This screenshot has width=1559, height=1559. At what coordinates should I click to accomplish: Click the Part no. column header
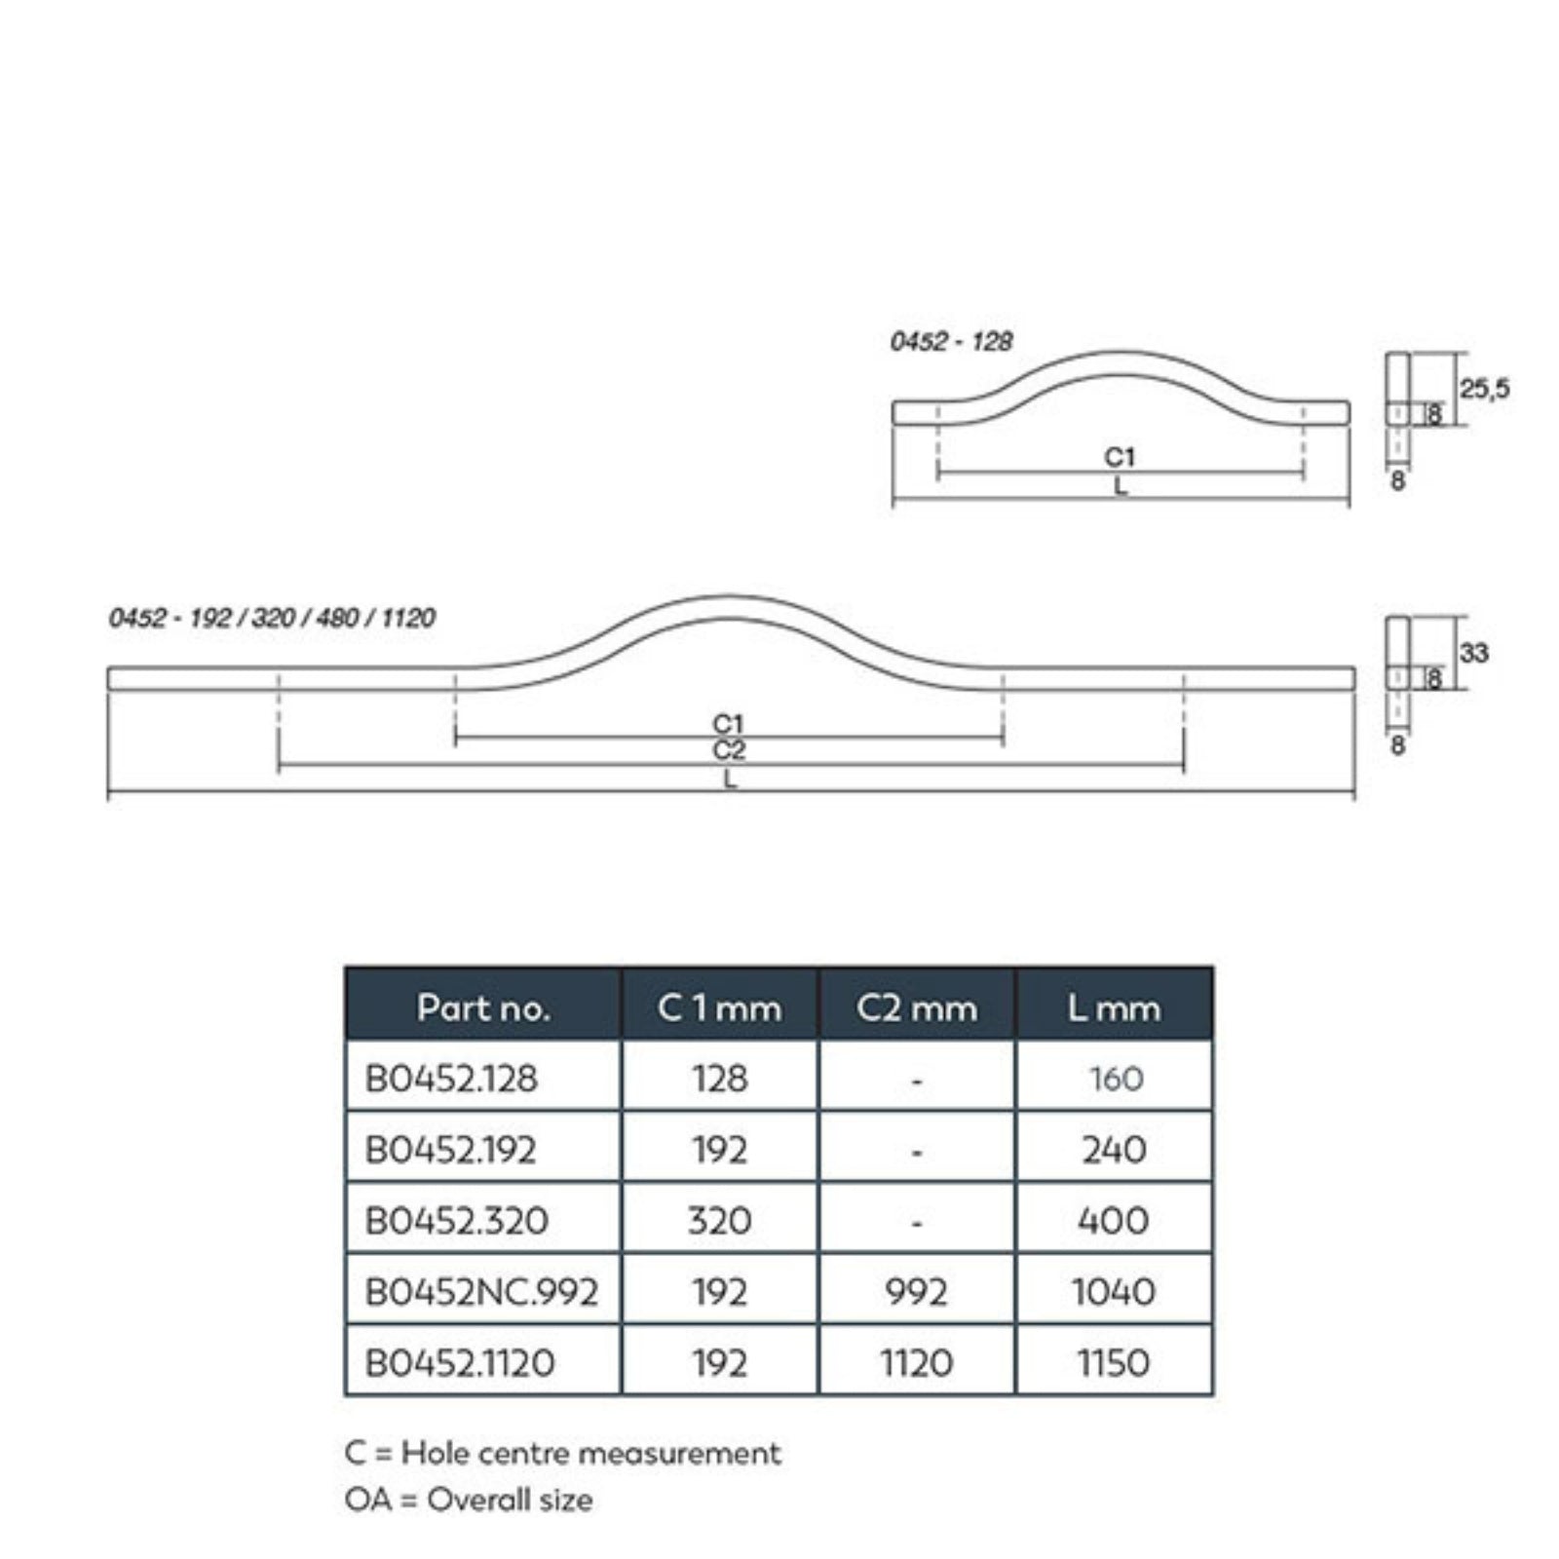[483, 1008]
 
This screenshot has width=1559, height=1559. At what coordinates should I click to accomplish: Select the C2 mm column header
[916, 1008]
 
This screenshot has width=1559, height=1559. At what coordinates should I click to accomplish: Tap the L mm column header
[1114, 1008]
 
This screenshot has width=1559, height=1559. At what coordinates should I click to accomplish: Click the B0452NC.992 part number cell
[481, 1292]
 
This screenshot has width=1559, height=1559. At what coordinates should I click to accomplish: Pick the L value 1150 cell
[1114, 1362]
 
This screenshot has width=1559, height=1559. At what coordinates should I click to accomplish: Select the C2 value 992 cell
[916, 1292]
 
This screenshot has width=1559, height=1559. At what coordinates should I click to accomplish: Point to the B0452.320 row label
[456, 1220]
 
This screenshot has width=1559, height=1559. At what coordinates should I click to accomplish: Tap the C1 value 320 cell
[719, 1220]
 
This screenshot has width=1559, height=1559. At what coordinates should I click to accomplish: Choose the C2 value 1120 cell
[916, 1362]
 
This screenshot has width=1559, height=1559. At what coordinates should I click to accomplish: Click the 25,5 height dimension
[1484, 389]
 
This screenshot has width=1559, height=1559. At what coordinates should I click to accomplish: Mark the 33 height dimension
[1473, 653]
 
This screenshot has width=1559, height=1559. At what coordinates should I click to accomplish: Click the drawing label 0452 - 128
[951, 341]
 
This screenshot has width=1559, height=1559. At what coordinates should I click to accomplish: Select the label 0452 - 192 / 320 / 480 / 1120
[272, 618]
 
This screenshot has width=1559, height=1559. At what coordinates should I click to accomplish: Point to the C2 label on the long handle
[729, 750]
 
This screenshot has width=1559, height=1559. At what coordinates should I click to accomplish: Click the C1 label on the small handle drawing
[1120, 456]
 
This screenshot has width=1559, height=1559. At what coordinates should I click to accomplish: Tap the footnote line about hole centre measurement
[562, 1454]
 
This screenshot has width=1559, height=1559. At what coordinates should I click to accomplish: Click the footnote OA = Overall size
[468, 1500]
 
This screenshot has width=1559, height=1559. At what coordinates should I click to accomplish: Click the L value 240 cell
[1114, 1150]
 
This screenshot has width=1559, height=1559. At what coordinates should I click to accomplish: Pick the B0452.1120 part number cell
[460, 1362]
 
